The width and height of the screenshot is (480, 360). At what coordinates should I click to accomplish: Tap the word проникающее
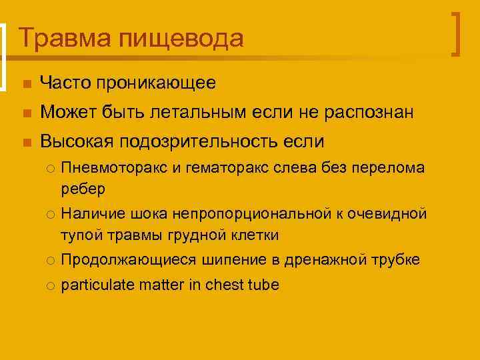(155, 83)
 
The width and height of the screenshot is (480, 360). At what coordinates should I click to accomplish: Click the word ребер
(83, 190)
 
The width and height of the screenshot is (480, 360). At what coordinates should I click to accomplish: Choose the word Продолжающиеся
(125, 260)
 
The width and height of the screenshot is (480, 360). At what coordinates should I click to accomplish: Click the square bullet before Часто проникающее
(25, 84)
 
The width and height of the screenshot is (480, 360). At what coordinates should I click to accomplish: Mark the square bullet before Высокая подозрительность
(25, 143)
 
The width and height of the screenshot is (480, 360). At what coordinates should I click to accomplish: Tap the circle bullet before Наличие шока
(50, 215)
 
